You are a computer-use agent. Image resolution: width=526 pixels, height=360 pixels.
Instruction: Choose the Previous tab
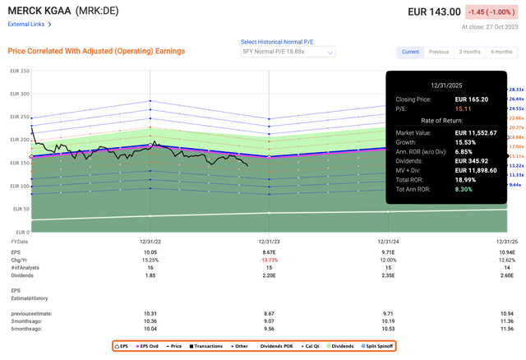point(437,52)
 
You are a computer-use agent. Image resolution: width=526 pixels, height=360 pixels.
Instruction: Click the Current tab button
point(410,52)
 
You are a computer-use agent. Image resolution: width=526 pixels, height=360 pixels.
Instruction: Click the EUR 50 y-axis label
point(19,210)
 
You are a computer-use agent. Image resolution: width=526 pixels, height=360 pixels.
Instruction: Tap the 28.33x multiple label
point(516,89)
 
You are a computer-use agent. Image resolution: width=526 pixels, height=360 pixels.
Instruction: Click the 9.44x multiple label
point(516,186)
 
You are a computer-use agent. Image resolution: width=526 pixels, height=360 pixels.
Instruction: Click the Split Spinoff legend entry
point(373,345)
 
